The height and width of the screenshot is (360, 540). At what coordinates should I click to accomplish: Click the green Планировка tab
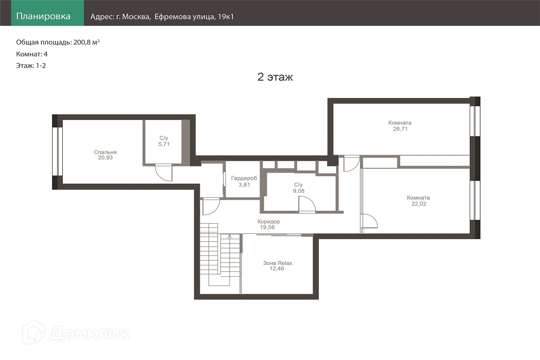pyautogui.click(x=47, y=13)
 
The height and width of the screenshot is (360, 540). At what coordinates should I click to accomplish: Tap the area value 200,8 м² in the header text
pyautogui.click(x=86, y=42)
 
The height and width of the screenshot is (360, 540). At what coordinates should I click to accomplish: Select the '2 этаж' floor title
pyautogui.click(x=275, y=77)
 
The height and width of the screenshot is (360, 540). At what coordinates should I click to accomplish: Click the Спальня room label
pyautogui.click(x=105, y=152)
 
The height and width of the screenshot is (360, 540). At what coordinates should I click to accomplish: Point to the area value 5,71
pyautogui.click(x=164, y=144)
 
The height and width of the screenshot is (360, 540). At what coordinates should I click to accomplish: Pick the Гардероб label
pyautogui.click(x=244, y=178)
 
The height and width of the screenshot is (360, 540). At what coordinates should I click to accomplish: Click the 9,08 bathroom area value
pyautogui.click(x=299, y=191)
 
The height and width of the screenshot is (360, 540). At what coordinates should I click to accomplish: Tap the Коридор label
pyautogui.click(x=269, y=222)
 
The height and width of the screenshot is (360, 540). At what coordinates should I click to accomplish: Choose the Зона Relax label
pyautogui.click(x=277, y=263)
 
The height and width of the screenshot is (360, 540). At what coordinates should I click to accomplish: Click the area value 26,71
pyautogui.click(x=400, y=129)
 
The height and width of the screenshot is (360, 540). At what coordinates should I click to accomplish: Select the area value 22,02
pyautogui.click(x=419, y=203)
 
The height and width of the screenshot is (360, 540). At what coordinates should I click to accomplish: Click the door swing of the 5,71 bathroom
pyautogui.click(x=164, y=172)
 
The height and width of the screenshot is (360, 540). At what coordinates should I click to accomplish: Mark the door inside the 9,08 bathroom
pyautogui.click(x=307, y=205)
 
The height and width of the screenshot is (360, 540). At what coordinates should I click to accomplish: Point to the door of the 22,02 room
pyautogui.click(x=369, y=222)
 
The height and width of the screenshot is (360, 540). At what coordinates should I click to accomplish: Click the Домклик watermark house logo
pyautogui.click(x=34, y=332)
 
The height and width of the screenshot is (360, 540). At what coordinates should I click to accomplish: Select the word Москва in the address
pyautogui.click(x=136, y=16)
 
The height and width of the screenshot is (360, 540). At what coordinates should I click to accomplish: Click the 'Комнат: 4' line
pyautogui.click(x=32, y=54)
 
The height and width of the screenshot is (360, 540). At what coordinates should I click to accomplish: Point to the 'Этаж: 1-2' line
pyautogui.click(x=31, y=66)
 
